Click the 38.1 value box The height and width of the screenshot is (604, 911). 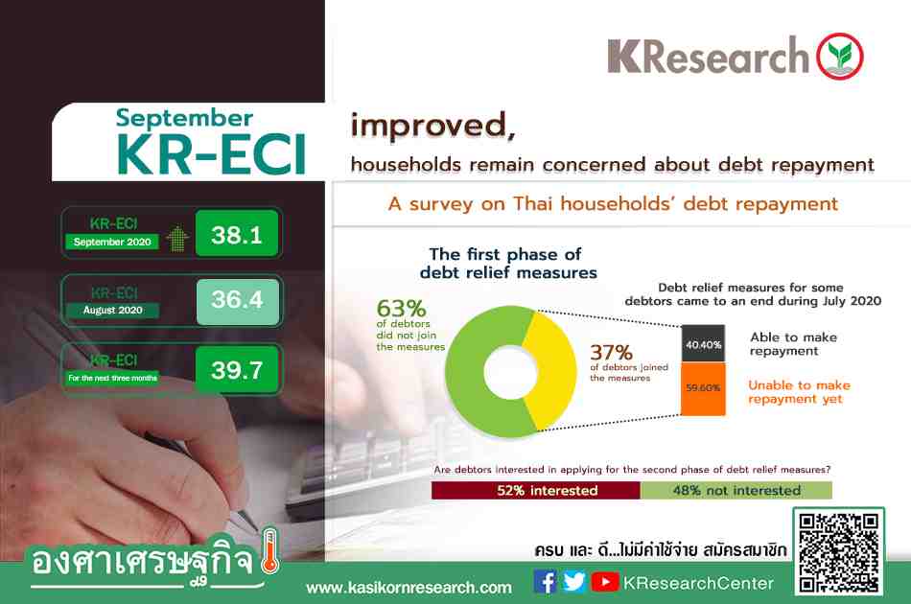(x=237, y=234)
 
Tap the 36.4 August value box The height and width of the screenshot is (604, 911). (x=237, y=301)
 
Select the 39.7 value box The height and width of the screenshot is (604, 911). (x=237, y=369)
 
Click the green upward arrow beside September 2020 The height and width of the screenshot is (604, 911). (x=177, y=238)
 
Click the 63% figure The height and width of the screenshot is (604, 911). (x=401, y=308)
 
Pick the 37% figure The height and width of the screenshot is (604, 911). (x=611, y=352)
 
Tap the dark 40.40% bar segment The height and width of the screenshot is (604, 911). (x=703, y=344)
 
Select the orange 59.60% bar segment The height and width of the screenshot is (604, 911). (x=703, y=388)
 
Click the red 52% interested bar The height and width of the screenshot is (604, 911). (x=536, y=490)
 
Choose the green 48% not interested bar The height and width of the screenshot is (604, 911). (x=736, y=490)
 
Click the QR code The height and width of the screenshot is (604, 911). (x=838, y=552)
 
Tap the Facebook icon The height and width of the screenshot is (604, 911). (x=545, y=581)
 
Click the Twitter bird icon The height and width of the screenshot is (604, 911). (x=574, y=581)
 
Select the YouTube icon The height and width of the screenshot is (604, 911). (x=605, y=581)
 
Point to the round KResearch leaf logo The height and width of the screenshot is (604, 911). (x=839, y=57)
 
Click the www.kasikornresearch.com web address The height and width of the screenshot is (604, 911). (x=409, y=588)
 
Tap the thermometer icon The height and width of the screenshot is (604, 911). (x=269, y=551)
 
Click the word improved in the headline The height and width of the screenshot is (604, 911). (x=432, y=125)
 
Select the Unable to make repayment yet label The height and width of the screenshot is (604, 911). (x=799, y=392)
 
